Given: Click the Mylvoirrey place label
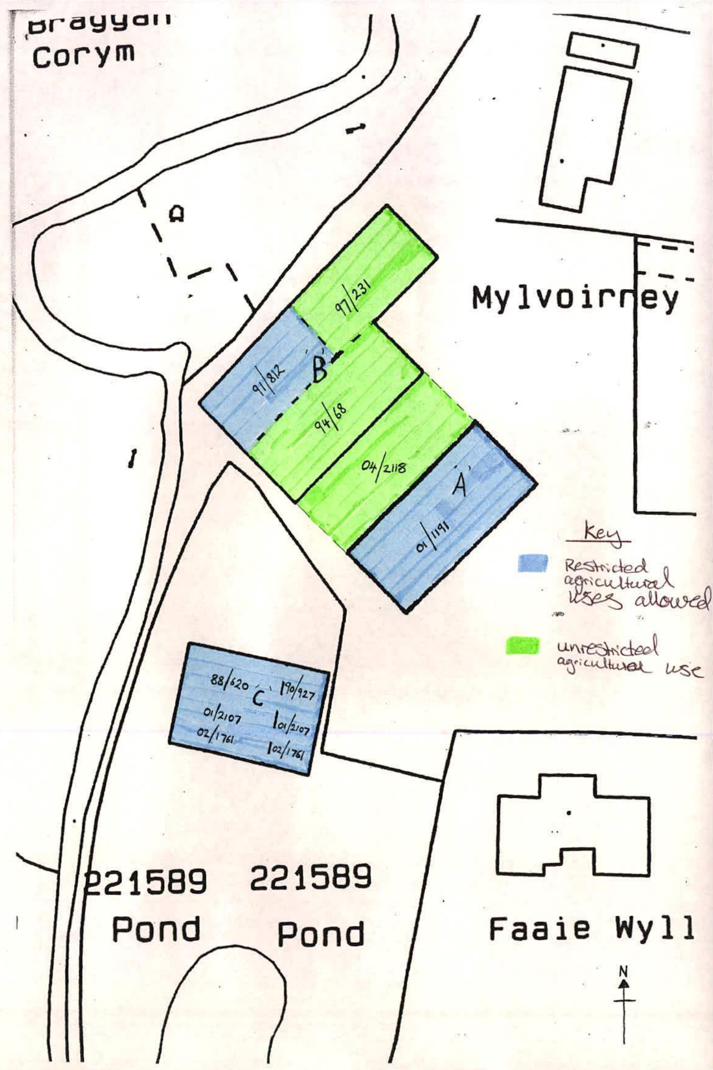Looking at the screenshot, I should (575, 299).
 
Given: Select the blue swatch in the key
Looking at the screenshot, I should (532, 563).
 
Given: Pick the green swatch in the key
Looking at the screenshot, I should (522, 646).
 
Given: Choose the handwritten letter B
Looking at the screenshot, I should (320, 370).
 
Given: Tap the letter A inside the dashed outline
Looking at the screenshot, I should (177, 214).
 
